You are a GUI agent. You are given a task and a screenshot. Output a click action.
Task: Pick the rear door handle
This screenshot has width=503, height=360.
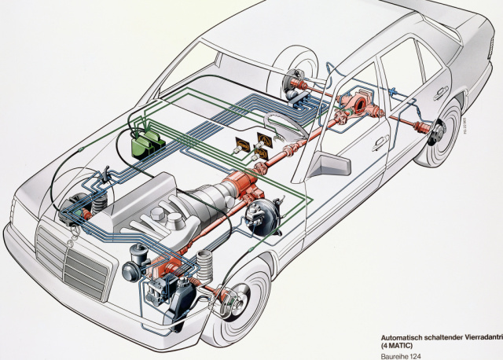point(441,100)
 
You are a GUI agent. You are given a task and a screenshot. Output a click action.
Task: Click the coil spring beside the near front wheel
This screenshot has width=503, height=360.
point(206,265)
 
